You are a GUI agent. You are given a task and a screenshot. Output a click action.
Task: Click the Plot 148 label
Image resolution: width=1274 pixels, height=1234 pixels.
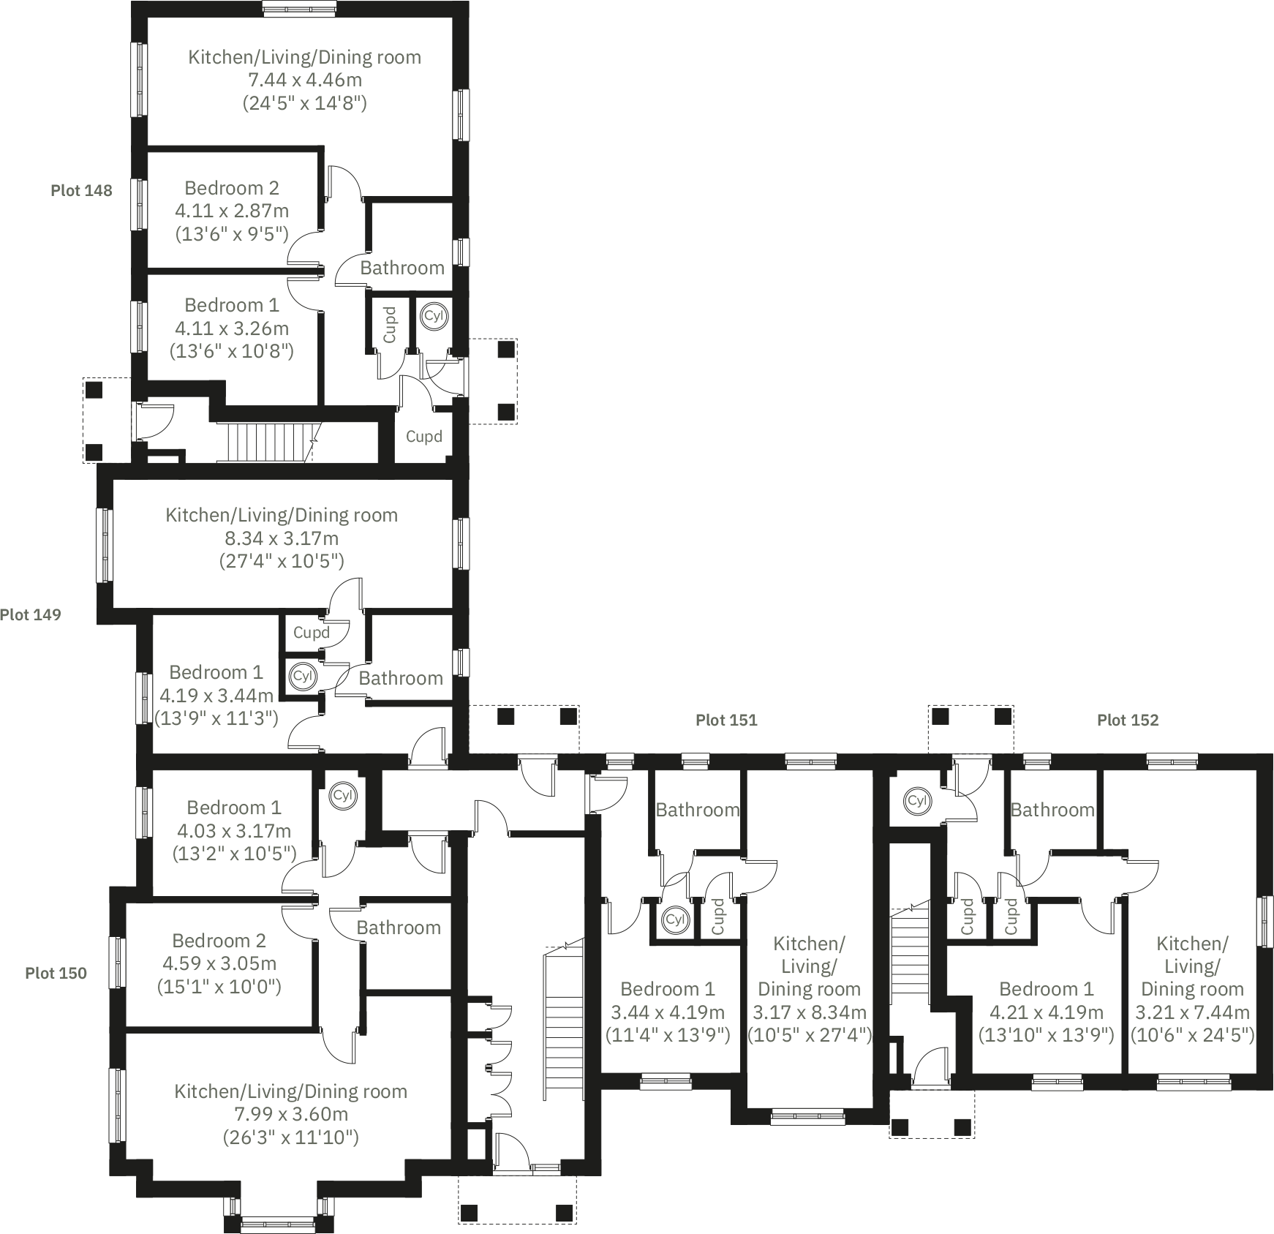tap(81, 191)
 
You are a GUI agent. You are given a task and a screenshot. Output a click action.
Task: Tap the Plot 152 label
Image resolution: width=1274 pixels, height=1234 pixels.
tap(1128, 721)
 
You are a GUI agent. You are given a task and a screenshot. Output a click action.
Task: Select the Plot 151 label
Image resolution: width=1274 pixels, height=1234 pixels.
tap(726, 721)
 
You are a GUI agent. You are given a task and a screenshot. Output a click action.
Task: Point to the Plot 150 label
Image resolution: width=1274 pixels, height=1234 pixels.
tap(56, 974)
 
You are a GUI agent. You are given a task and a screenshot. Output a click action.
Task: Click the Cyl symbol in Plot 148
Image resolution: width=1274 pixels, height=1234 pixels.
tap(434, 316)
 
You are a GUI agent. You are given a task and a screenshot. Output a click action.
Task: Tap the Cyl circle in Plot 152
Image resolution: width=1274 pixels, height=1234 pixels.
tap(916, 800)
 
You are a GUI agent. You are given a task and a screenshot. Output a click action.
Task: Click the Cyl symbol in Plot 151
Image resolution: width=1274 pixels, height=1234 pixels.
tap(674, 919)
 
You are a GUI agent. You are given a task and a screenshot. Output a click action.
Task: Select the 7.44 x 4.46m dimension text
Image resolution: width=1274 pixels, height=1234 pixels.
tap(304, 80)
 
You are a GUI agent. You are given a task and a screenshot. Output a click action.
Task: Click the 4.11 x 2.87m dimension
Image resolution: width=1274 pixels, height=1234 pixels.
tap(232, 211)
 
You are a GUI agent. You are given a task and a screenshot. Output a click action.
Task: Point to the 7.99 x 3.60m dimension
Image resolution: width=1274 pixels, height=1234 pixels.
tap(290, 1115)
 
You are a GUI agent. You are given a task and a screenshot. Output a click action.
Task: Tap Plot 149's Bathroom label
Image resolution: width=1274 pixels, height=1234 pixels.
tap(401, 679)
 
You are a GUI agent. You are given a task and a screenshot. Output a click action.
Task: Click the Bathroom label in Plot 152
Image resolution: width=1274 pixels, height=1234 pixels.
tap(1052, 810)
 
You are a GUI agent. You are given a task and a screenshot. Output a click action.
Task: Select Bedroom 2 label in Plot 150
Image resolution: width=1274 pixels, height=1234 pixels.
tap(219, 941)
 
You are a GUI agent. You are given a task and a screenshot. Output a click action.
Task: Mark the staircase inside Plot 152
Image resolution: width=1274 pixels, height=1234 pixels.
tap(909, 958)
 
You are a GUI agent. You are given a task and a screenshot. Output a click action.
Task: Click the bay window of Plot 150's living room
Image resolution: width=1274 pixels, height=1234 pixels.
tap(279, 1220)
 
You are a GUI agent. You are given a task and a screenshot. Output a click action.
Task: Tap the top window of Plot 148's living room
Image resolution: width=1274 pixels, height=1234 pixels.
tap(300, 8)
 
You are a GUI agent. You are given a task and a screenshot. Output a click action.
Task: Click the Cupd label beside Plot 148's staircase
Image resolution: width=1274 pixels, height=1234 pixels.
tap(423, 437)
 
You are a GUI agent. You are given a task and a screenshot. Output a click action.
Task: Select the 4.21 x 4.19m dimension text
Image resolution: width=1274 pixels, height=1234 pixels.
tap(1046, 1013)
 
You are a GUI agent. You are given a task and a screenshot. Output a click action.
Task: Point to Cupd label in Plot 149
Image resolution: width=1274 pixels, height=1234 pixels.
tap(311, 633)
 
